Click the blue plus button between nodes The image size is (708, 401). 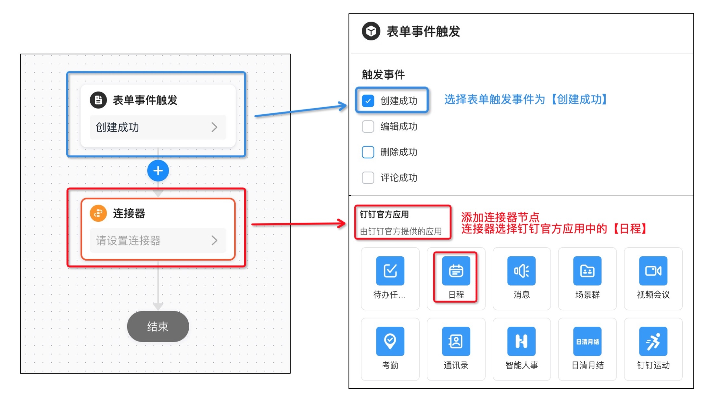click(158, 171)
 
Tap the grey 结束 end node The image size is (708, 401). click(158, 326)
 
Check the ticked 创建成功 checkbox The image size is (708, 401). click(368, 101)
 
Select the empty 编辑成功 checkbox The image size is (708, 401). click(368, 126)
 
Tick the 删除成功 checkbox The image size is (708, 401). click(368, 152)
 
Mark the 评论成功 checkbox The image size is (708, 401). click(368, 178)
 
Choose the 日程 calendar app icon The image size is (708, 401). click(456, 271)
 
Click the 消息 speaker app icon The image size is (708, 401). click(521, 271)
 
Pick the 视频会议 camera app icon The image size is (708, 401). click(653, 271)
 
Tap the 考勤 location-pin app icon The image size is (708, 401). click(390, 341)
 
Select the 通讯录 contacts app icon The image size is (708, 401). click(456, 341)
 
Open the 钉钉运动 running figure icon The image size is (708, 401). click(653, 341)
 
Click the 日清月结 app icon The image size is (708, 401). click(587, 341)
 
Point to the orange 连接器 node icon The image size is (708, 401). click(98, 213)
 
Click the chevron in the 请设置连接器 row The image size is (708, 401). click(214, 240)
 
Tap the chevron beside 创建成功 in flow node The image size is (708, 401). click(214, 127)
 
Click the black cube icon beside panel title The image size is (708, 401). click(371, 31)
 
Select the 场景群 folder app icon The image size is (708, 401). click(587, 271)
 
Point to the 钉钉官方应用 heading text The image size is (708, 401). click(384, 214)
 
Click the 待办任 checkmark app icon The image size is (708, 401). click(390, 271)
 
